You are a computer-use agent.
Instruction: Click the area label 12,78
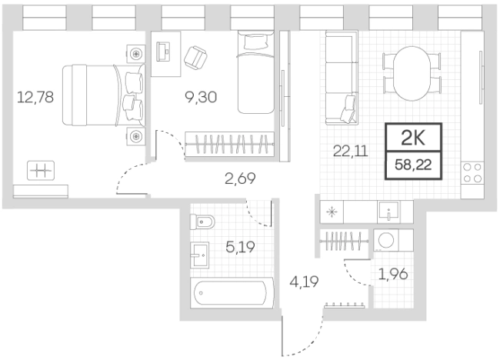tap(35, 97)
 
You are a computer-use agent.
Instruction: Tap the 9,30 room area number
tap(201, 97)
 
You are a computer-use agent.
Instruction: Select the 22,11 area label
tap(351, 151)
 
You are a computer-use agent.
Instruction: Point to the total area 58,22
tap(413, 165)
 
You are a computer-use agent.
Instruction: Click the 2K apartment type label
tap(413, 138)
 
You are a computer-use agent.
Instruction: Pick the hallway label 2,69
tap(240, 178)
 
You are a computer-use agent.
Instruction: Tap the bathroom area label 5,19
tap(240, 247)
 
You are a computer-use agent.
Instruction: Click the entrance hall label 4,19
tap(304, 282)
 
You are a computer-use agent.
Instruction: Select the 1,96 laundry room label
tap(393, 274)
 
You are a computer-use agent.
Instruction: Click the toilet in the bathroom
tap(202, 222)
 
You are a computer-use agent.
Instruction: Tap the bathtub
tap(232, 293)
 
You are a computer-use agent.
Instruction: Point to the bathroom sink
tap(200, 255)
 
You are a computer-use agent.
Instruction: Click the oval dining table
tap(412, 74)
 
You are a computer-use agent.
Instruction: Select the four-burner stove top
tap(472, 173)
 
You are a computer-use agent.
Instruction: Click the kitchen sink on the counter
tap(388, 212)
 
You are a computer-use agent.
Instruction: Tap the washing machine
tap(385, 240)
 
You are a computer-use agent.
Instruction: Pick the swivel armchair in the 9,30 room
tap(195, 58)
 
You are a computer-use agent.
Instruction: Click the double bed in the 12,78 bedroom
tap(104, 95)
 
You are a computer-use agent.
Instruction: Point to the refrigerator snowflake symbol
tap(332, 212)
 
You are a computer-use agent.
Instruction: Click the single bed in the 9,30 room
tap(255, 72)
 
